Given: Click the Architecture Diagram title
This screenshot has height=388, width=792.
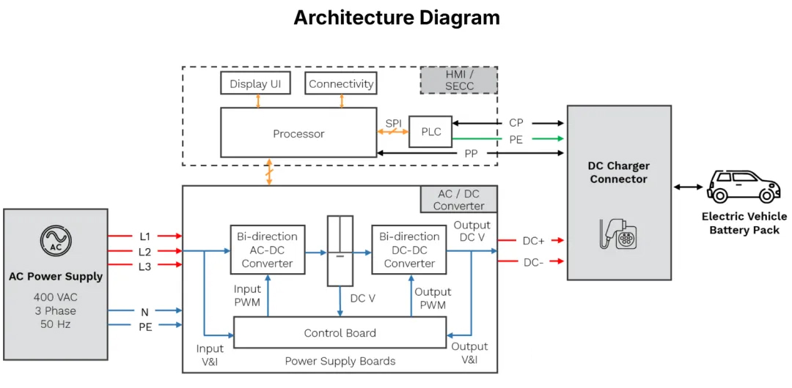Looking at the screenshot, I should point(397,18).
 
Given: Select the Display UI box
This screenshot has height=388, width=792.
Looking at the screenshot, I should point(255,83).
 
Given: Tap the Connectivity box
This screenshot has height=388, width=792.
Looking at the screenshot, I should point(341,83).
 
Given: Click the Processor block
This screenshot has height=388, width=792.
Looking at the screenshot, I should point(298,133).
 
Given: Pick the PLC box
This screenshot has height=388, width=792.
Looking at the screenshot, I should point(430,132).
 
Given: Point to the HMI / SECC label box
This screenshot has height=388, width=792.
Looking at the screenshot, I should point(459,80).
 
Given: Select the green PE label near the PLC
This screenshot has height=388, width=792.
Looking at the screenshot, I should point(516,139).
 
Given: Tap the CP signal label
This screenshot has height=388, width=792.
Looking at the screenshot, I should point(516,123).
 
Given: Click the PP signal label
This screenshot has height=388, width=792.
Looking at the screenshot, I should point(471,154).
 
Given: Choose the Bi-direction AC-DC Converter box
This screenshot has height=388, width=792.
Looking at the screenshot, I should point(267,250).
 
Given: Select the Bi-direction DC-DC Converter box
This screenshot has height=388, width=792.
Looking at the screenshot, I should point(409,250).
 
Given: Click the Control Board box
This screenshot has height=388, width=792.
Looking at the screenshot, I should point(340,333).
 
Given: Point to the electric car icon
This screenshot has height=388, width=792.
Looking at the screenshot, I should point(743,187).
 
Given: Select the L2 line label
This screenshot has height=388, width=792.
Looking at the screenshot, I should point(144,251).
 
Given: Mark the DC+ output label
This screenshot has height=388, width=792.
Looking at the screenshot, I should point(533,240).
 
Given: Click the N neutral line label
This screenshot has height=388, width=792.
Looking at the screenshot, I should point(144,312).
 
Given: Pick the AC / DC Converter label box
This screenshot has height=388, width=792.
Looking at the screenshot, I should point(458,199).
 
